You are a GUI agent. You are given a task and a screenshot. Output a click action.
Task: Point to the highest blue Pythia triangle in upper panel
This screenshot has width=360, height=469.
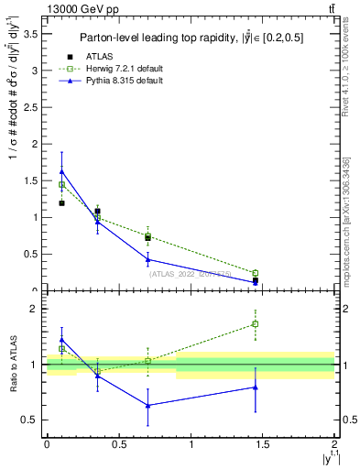click(x=61, y=171)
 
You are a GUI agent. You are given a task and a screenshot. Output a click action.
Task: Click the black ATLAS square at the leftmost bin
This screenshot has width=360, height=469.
click(x=61, y=202)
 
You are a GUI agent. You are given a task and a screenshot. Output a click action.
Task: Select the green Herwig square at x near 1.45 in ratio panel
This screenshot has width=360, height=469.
click(x=256, y=323)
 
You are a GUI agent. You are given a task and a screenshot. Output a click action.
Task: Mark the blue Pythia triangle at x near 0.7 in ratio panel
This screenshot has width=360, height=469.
click(x=147, y=405)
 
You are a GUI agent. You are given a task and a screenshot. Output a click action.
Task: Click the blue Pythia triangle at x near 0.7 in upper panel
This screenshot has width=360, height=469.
click(x=147, y=259)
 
